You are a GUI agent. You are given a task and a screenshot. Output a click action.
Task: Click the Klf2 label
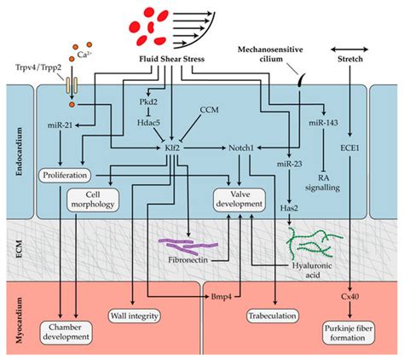coord(172,148)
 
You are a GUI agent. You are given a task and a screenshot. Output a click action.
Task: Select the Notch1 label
coord(241,148)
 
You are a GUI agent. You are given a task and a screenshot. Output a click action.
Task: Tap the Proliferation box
coord(65,175)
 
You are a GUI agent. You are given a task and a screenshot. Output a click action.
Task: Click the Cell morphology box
coord(93,200)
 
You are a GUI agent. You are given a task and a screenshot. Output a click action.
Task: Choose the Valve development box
coord(240,200)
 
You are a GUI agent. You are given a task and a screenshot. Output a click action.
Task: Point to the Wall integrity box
coord(135,316)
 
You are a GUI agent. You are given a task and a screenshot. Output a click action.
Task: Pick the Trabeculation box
coord(273,316)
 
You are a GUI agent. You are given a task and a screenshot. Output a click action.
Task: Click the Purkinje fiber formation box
coord(349,334)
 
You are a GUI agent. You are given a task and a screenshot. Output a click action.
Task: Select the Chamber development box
coord(66,333)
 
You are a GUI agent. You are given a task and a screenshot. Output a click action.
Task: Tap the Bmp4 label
coord(222,297)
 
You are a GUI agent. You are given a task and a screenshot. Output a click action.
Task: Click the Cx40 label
coord(349,297)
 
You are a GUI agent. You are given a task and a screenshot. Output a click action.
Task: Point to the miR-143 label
coord(323,123)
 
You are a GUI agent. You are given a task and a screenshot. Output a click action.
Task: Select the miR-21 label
coord(61,125)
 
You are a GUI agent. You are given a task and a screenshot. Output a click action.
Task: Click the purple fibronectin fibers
coord(188,247)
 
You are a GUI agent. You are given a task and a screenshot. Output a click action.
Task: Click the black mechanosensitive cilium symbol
coord(301,80)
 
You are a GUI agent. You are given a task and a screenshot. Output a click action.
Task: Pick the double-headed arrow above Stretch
coord(349,49)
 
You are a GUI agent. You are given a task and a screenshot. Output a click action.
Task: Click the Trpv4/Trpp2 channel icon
coord(72,85)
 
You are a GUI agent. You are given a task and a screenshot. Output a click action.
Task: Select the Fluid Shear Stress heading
coord(172,59)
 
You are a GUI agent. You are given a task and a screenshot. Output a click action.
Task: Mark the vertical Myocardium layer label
coord(19,320)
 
